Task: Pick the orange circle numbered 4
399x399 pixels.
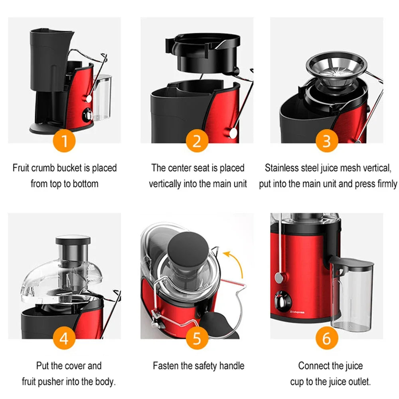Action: [x=64, y=339]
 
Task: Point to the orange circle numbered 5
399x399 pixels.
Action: [x=197, y=339]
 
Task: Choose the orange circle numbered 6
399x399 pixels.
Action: [x=327, y=339]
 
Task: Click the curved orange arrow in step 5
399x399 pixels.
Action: [x=236, y=264]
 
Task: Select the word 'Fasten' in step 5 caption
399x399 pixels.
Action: [x=166, y=365]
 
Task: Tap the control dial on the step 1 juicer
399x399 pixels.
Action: [x=87, y=115]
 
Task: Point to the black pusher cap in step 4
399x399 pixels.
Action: [x=73, y=240]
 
